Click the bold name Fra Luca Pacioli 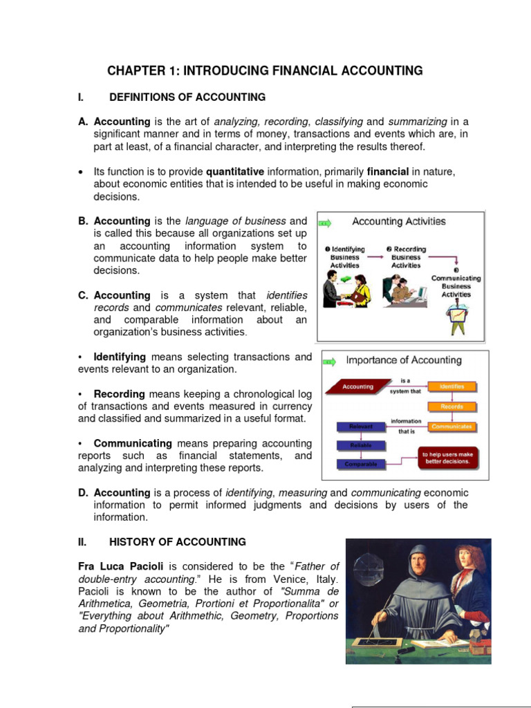(118, 566)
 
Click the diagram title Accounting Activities (399, 222)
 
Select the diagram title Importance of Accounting (403, 360)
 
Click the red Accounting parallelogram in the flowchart (357, 387)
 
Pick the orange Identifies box (449, 386)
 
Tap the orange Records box (449, 407)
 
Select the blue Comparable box (361, 464)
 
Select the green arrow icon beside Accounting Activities (325, 223)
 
